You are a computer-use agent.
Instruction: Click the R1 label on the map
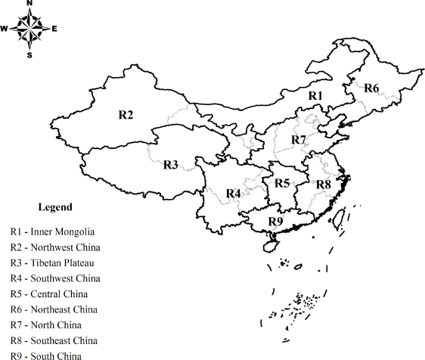click(x=315, y=96)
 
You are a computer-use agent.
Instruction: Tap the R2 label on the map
click(x=126, y=115)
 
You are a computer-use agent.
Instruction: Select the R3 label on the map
click(x=170, y=165)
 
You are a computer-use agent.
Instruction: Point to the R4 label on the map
click(x=233, y=194)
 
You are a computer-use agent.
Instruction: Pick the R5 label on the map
click(x=282, y=182)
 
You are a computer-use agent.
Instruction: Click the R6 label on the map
click(x=371, y=88)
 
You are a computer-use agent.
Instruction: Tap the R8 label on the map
click(x=323, y=185)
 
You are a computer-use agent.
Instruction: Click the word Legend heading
click(x=55, y=207)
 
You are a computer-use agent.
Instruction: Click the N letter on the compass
click(x=29, y=4)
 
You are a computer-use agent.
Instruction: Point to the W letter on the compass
click(x=5, y=29)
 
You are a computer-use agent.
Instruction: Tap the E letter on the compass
click(x=54, y=29)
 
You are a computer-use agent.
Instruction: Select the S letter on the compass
click(x=29, y=54)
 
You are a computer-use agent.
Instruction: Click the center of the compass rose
click(x=29, y=29)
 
